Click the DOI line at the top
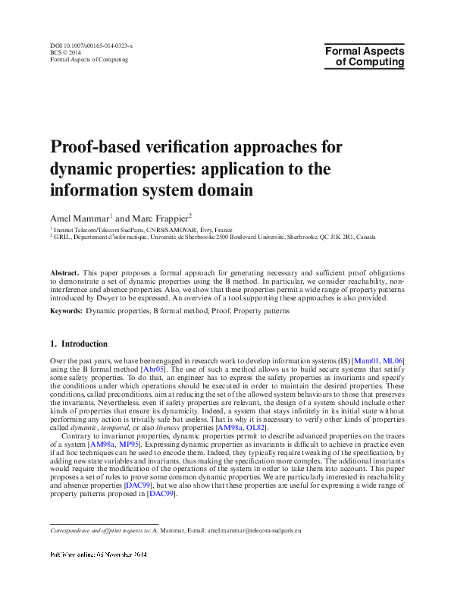pyautogui.click(x=91, y=46)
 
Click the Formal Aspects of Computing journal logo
pyautogui.click(x=365, y=57)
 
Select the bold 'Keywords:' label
pyautogui.click(x=67, y=310)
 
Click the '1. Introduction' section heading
pyautogui.click(x=79, y=344)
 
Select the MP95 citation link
pyautogui.click(x=131, y=445)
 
